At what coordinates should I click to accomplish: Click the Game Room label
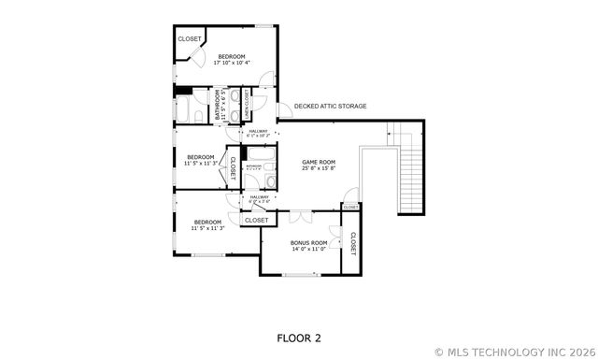319,162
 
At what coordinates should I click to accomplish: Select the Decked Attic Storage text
330,106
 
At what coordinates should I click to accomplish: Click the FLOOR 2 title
298,337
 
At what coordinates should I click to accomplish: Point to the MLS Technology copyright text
515,352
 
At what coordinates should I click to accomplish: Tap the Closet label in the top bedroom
190,38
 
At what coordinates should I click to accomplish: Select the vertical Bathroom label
219,105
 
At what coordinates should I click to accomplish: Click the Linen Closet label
247,102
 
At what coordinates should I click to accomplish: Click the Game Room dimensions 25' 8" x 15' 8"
319,169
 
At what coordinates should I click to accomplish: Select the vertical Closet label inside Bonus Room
352,242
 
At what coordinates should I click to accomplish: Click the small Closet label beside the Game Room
350,207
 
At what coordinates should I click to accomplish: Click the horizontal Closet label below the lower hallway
257,220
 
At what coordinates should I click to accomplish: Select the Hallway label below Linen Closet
258,131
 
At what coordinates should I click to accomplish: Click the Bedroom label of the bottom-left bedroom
207,222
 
